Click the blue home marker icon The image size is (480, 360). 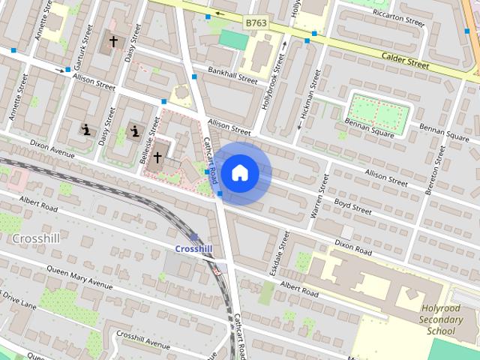pyautogui.click(x=240, y=172)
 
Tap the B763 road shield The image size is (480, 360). pyautogui.click(x=256, y=25)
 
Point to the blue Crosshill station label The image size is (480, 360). pyautogui.click(x=193, y=248)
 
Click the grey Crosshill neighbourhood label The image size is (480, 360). pyautogui.click(x=37, y=238)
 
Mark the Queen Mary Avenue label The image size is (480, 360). pyautogui.click(x=79, y=277)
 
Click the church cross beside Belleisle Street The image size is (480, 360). pyautogui.click(x=157, y=157)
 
